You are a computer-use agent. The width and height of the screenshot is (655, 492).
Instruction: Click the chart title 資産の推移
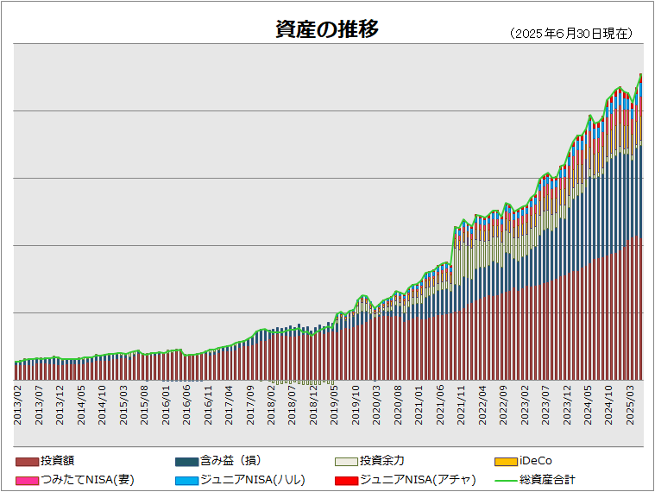[326, 29]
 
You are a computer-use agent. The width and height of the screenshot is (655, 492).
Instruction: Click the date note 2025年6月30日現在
[572, 34]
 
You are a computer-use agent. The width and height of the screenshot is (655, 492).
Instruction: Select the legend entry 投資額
[57, 461]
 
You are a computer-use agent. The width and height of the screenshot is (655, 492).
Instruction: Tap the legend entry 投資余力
[381, 461]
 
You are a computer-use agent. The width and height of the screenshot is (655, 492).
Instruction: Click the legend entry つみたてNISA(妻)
[87, 479]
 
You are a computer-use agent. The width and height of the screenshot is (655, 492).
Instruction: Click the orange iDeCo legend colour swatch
[506, 462]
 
